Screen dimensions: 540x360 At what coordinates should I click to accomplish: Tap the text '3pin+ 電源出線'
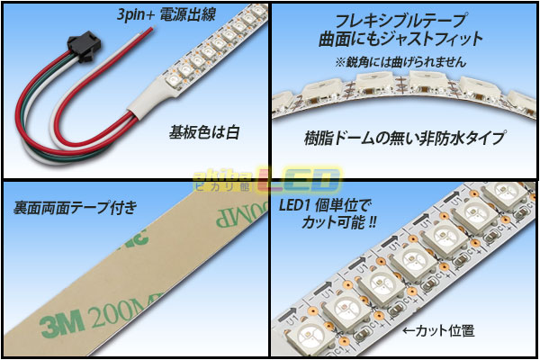click(x=166, y=14)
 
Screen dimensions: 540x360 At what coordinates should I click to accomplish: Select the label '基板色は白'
click(x=204, y=132)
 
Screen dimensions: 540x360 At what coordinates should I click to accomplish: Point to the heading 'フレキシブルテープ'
click(x=401, y=21)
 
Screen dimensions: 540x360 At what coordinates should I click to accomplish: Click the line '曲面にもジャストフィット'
click(x=400, y=39)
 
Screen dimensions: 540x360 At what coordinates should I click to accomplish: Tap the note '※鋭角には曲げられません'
click(x=400, y=62)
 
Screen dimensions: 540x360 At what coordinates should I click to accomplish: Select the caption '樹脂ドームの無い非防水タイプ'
click(x=405, y=138)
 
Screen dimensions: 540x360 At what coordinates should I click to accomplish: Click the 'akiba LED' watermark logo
click(x=267, y=179)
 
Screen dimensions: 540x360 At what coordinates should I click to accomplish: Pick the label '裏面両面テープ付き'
click(x=75, y=208)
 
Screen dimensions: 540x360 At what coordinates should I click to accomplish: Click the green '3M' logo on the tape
click(x=62, y=322)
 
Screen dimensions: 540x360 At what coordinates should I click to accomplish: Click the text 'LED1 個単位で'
click(x=325, y=206)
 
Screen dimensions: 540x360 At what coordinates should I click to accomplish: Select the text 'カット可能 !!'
click(x=338, y=222)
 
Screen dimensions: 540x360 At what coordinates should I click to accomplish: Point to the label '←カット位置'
click(x=438, y=330)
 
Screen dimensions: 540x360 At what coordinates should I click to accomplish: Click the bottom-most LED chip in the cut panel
click(x=308, y=337)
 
